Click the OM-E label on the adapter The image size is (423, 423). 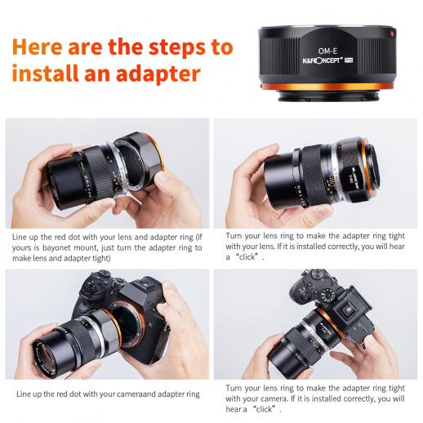[x=327, y=51]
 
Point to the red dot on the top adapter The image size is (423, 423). [x=393, y=33]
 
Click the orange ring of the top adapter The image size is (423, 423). [x=327, y=87]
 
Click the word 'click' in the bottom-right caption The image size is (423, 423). [x=264, y=409]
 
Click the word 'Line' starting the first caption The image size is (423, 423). [x=20, y=237]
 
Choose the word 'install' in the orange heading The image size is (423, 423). [x=45, y=73]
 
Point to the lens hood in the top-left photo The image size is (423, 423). [x=68, y=182]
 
